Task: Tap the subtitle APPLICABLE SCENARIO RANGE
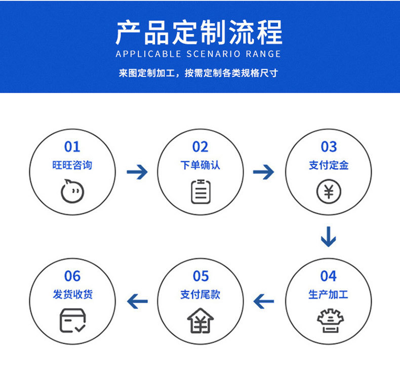pos(198,54)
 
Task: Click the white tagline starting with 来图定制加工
pos(198,74)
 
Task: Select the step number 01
pos(72,147)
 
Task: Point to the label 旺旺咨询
pos(72,165)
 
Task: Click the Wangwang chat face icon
pos(72,191)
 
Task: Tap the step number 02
pos(201,147)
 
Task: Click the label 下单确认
pos(201,165)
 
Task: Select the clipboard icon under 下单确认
pos(201,191)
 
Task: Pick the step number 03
pos(329,147)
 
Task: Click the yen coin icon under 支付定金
pos(329,192)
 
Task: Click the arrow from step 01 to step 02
pos(137,172)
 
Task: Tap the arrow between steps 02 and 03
pos(264,172)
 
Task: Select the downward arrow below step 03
pos(329,236)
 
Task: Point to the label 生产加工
pos(329,295)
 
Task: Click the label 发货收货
pos(72,295)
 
